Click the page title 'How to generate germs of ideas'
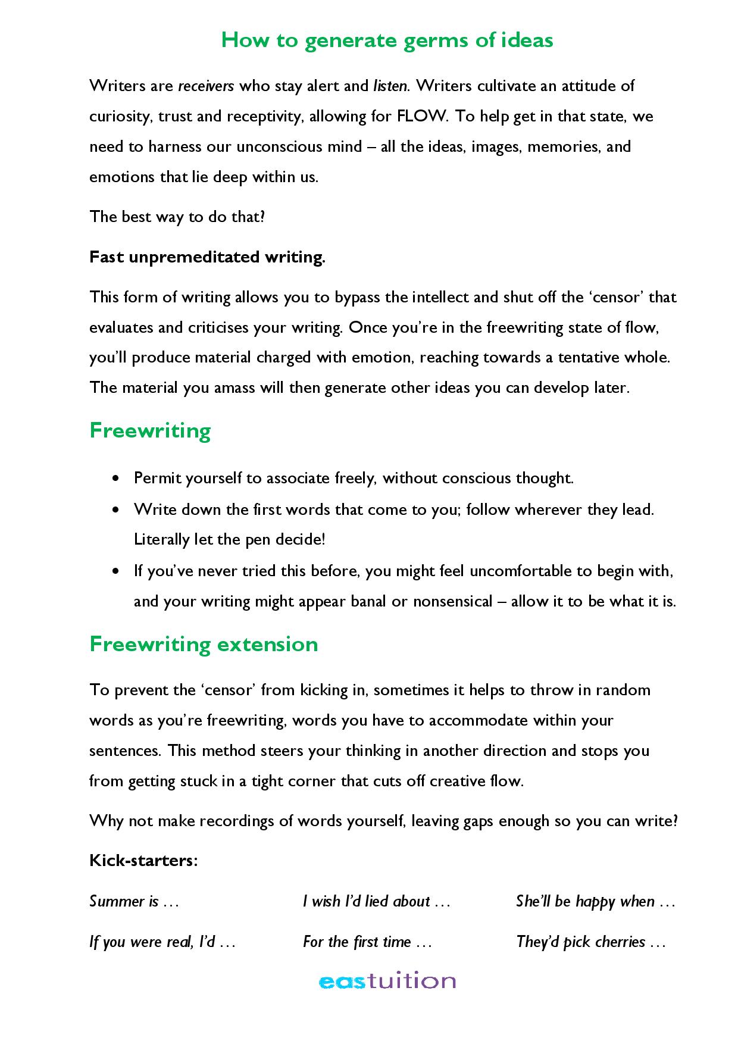(387, 40)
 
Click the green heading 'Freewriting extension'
(204, 645)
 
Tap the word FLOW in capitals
(420, 115)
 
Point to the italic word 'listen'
(390, 86)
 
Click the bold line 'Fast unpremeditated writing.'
(207, 257)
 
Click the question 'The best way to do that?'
(177, 217)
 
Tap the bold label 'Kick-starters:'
(143, 861)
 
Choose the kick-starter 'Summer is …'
(134, 902)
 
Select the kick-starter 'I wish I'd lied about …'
(376, 902)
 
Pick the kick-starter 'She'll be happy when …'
(595, 902)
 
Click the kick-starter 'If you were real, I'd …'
(162, 942)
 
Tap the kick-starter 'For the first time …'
(367, 942)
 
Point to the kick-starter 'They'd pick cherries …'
(590, 942)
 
